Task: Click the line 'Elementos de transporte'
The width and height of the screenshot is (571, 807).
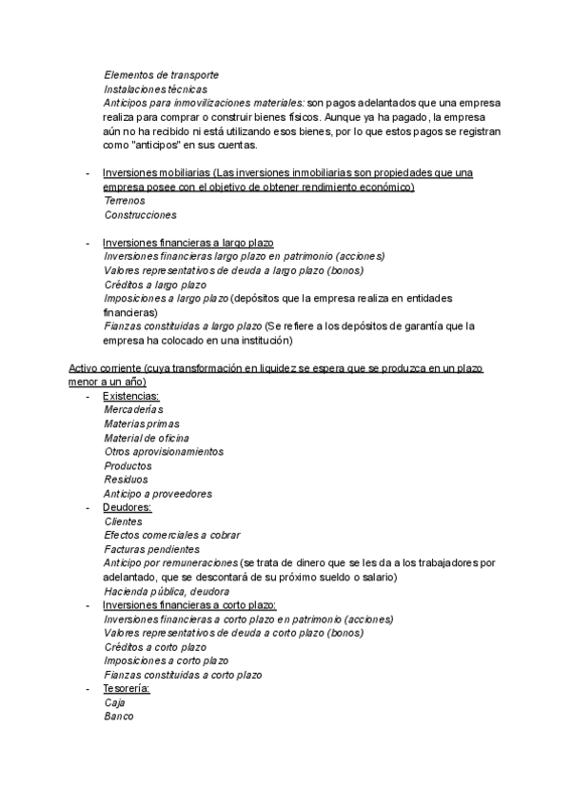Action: point(161,74)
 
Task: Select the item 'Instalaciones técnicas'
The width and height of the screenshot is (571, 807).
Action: point(155,89)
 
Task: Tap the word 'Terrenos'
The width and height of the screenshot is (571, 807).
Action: point(125,202)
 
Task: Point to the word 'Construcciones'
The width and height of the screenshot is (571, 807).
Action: point(140,216)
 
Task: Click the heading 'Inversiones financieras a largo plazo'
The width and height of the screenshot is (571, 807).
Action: point(187,243)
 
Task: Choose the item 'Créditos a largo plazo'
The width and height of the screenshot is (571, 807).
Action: point(155,285)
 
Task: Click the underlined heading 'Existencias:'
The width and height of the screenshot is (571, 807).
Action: point(130,396)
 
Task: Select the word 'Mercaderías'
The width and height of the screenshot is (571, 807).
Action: point(134,410)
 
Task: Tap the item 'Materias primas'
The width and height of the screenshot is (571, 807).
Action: point(142,424)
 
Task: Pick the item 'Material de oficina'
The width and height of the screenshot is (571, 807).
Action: point(147,438)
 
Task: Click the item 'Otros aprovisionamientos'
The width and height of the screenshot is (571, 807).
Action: point(164,452)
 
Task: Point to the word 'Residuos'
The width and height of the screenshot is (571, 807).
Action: point(126,481)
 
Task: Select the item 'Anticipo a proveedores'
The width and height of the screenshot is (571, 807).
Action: point(158,494)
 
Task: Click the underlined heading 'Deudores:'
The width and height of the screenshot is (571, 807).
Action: point(127,508)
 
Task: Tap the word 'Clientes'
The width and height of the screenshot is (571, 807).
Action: point(124,522)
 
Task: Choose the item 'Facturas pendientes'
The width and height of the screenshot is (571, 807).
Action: point(152,549)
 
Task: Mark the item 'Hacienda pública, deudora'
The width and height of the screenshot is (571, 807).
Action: point(167,591)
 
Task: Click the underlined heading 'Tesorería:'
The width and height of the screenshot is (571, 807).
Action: point(127,689)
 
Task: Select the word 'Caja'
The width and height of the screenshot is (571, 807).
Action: point(114,703)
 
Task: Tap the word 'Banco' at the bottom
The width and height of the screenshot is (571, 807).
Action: point(119,717)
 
